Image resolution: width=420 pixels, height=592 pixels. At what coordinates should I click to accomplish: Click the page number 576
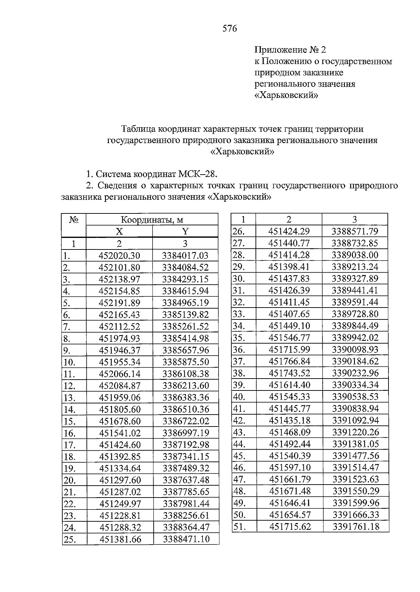[x=230, y=28]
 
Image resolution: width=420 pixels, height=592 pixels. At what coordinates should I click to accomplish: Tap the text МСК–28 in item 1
[x=198, y=174]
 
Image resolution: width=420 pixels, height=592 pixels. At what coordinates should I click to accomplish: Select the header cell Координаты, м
[x=152, y=220]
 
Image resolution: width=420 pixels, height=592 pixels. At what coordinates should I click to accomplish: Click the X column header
[x=119, y=231]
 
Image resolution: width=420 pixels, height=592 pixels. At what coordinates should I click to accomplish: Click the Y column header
[x=185, y=231]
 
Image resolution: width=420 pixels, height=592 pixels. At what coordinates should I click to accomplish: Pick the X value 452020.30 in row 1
[x=119, y=256]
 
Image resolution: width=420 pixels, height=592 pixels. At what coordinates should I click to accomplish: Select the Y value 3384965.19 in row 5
[x=185, y=303]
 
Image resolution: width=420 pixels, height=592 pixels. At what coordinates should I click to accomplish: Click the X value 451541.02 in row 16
[x=120, y=433]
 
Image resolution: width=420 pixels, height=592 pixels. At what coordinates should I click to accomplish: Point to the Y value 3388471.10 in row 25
[x=186, y=539]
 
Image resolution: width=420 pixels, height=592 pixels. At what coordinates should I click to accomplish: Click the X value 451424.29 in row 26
[x=289, y=231]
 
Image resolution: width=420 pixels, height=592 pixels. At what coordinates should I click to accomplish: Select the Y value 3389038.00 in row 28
[x=355, y=255]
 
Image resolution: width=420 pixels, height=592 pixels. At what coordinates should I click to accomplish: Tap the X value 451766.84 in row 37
[x=289, y=361]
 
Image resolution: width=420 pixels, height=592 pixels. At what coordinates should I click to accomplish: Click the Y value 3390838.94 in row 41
[x=355, y=408]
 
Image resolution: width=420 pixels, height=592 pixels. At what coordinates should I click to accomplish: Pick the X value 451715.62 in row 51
[x=290, y=526]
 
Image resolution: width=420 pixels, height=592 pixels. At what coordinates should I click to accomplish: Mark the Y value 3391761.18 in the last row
[x=356, y=526]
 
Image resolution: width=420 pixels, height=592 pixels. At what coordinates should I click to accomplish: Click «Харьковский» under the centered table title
[x=242, y=152]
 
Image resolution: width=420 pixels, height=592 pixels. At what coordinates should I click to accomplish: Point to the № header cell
[x=73, y=220]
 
